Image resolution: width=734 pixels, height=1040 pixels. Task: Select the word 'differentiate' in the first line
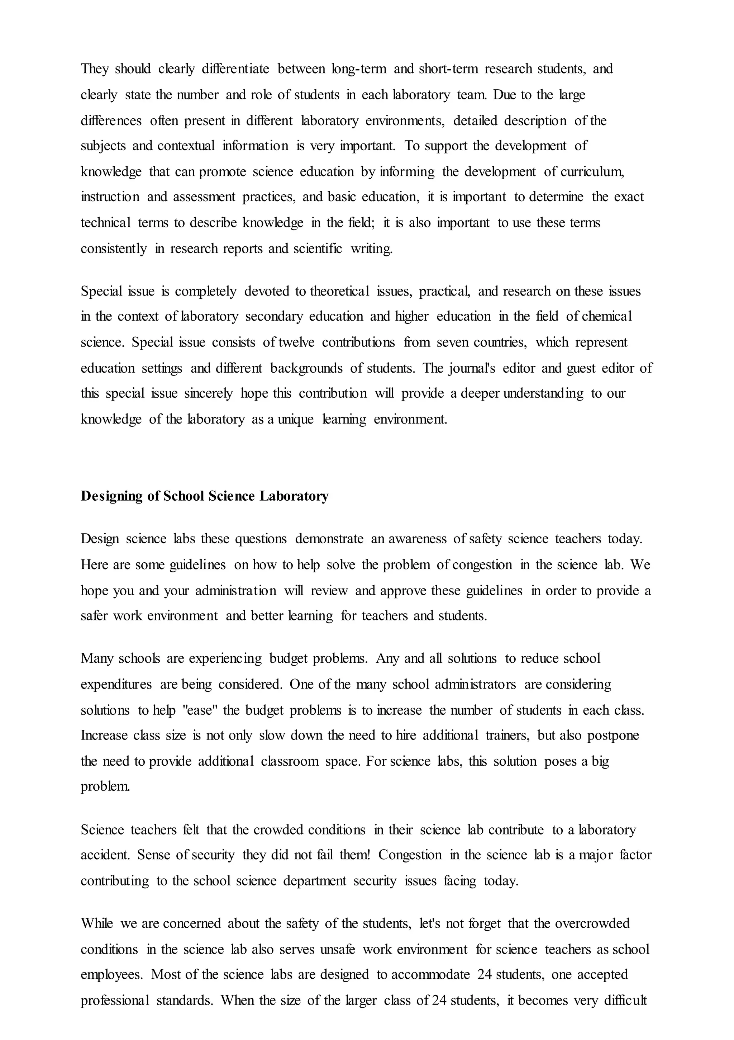235,69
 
